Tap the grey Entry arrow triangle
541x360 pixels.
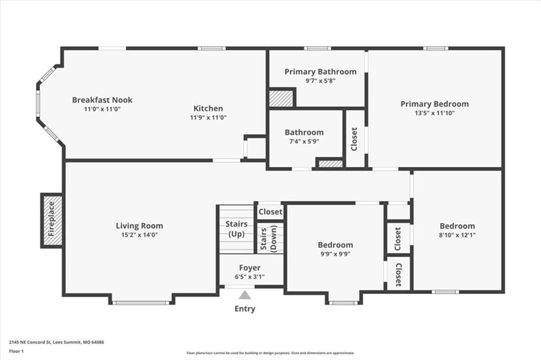245,295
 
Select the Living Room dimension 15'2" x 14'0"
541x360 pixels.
139,235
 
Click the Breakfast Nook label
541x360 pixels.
102,100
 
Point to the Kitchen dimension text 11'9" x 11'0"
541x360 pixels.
208,118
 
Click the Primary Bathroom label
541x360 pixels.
321,72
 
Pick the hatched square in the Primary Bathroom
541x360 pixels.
282,99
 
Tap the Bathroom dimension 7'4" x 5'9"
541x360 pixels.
304,141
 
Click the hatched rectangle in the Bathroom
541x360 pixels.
330,164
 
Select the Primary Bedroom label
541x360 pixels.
435,104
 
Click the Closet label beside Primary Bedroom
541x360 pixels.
354,139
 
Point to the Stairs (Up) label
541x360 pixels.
237,229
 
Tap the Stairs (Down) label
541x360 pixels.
269,239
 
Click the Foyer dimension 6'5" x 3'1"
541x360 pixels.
250,277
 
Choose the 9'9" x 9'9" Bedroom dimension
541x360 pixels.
335,254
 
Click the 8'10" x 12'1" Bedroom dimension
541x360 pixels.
457,235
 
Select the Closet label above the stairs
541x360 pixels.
270,212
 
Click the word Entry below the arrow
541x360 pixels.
245,309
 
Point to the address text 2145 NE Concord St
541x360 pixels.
30,343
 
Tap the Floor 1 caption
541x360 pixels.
16,352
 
